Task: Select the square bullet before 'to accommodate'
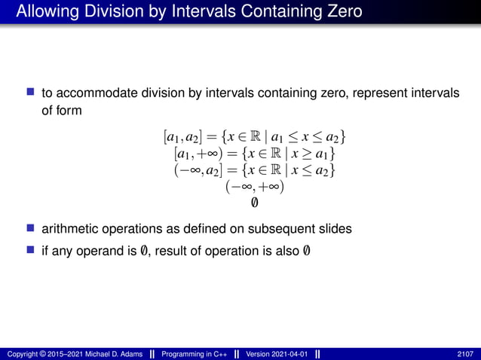(x=30, y=94)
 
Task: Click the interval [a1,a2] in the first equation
(x=181, y=138)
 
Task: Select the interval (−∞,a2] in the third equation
(x=198, y=171)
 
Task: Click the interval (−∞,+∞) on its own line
(x=254, y=187)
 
